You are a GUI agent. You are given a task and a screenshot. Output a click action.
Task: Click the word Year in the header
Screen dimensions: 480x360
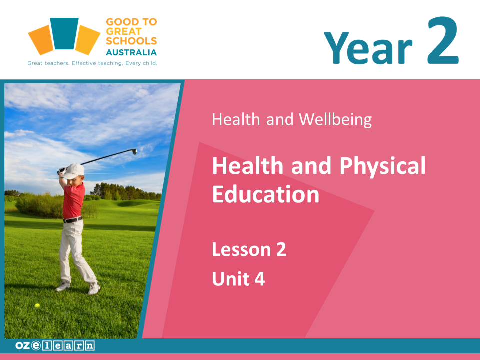click(x=368, y=48)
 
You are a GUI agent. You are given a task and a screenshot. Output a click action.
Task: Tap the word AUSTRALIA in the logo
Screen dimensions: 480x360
click(x=131, y=52)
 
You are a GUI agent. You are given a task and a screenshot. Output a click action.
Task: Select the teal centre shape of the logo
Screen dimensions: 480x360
click(x=64, y=33)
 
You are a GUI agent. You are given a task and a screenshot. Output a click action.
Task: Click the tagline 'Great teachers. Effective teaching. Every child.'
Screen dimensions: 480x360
click(x=92, y=63)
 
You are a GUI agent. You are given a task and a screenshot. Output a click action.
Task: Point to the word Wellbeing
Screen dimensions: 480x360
click(x=335, y=119)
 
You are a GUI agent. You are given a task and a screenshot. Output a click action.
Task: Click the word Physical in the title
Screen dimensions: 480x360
click(x=382, y=166)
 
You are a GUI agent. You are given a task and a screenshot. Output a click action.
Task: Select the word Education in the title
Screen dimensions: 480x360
click(x=265, y=194)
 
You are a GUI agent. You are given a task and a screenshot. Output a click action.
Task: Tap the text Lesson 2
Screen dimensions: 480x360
click(x=249, y=249)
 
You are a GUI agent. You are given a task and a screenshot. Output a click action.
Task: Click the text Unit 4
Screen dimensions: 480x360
click(x=238, y=279)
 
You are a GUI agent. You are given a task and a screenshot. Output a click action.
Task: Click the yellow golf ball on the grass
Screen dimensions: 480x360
click(x=37, y=305)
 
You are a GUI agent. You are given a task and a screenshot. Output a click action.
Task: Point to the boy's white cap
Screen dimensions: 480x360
click(x=74, y=171)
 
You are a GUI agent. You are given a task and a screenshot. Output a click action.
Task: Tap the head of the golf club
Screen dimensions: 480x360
click(x=134, y=152)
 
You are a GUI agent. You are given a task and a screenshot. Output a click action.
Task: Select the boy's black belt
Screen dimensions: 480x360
click(x=73, y=220)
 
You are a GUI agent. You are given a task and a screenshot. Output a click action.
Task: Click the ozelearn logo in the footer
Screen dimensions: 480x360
click(x=55, y=345)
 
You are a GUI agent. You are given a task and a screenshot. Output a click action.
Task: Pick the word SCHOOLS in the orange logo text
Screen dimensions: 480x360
click(x=131, y=41)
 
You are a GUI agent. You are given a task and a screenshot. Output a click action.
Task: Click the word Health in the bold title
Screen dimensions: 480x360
click(x=248, y=166)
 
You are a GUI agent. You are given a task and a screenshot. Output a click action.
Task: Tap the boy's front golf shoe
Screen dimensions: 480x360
click(x=94, y=288)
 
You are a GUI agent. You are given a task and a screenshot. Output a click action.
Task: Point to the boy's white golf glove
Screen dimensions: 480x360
click(x=62, y=171)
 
